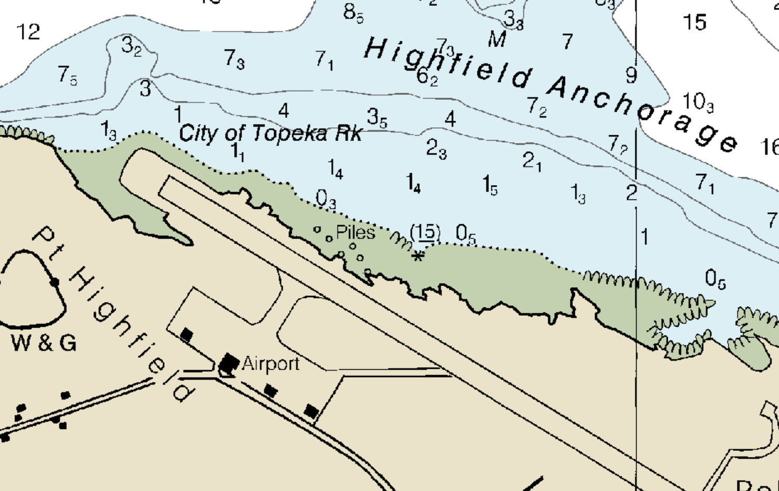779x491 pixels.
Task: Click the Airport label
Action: point(271,364)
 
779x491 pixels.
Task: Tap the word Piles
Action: point(356,232)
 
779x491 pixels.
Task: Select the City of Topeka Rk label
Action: point(270,134)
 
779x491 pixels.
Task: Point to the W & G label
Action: point(44,343)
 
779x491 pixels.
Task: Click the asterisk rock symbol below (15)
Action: point(418,255)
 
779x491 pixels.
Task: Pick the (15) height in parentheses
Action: point(425,232)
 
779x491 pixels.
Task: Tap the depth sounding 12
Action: point(29,32)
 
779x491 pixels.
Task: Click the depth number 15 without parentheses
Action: point(694,22)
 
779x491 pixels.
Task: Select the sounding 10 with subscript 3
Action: point(697,102)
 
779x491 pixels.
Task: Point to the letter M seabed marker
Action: point(497,39)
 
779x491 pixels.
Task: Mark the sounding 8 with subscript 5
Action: point(353,12)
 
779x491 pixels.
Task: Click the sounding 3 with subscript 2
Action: point(131,46)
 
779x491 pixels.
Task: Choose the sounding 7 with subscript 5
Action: point(67,75)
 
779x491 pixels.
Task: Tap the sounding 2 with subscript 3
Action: point(436,149)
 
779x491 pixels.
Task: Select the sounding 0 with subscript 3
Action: point(326,199)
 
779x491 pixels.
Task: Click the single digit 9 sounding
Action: point(631,75)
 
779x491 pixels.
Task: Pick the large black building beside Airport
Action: point(229,362)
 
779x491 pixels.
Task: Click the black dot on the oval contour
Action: point(55,282)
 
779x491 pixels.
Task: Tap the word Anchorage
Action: point(643,112)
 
